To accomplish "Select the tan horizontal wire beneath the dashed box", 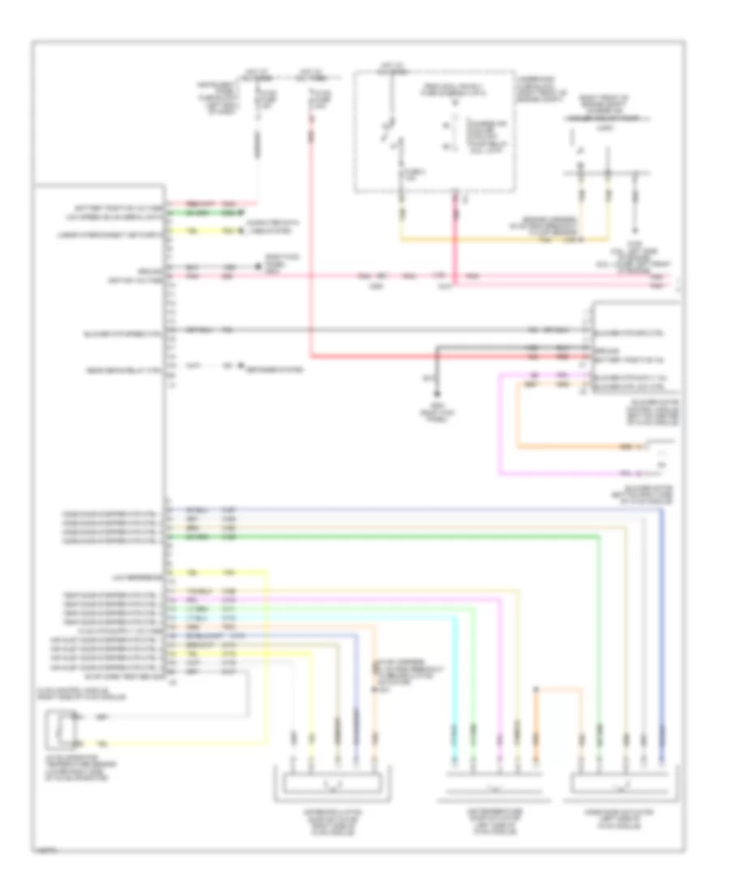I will pyautogui.click(x=503, y=240).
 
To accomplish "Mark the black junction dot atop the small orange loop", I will pyautogui.click(x=535, y=690).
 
